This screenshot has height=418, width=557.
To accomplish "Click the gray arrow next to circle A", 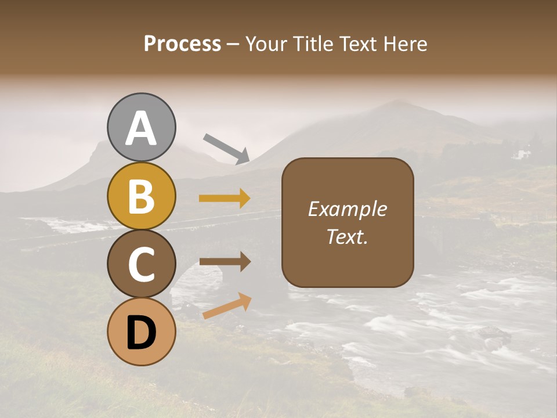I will [226, 148].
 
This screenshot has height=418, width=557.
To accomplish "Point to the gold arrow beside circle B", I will [225, 199].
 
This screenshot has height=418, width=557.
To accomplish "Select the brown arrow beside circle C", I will [225, 262].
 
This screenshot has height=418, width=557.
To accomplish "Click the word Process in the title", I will [182, 44].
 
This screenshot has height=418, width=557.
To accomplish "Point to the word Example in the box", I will [348, 209].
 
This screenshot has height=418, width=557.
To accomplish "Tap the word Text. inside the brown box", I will [348, 236].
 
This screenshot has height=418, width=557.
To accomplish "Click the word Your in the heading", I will [265, 44].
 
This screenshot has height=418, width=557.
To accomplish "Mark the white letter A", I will [141, 129].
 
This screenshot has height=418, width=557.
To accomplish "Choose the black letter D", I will [141, 333].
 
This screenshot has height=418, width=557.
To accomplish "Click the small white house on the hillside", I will [523, 154].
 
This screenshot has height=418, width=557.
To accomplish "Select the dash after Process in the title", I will [233, 45].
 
